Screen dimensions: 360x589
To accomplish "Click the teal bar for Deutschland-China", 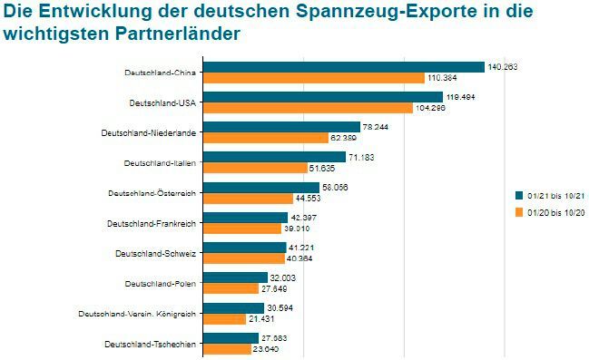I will point(343,67).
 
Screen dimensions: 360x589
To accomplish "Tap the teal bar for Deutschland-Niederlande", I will point(281,127).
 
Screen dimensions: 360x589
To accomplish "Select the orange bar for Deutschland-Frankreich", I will point(241,229).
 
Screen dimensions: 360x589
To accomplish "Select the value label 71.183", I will point(362,158).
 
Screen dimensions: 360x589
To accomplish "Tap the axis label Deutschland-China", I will point(161,73).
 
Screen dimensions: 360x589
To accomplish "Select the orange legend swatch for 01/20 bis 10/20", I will point(519,213).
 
